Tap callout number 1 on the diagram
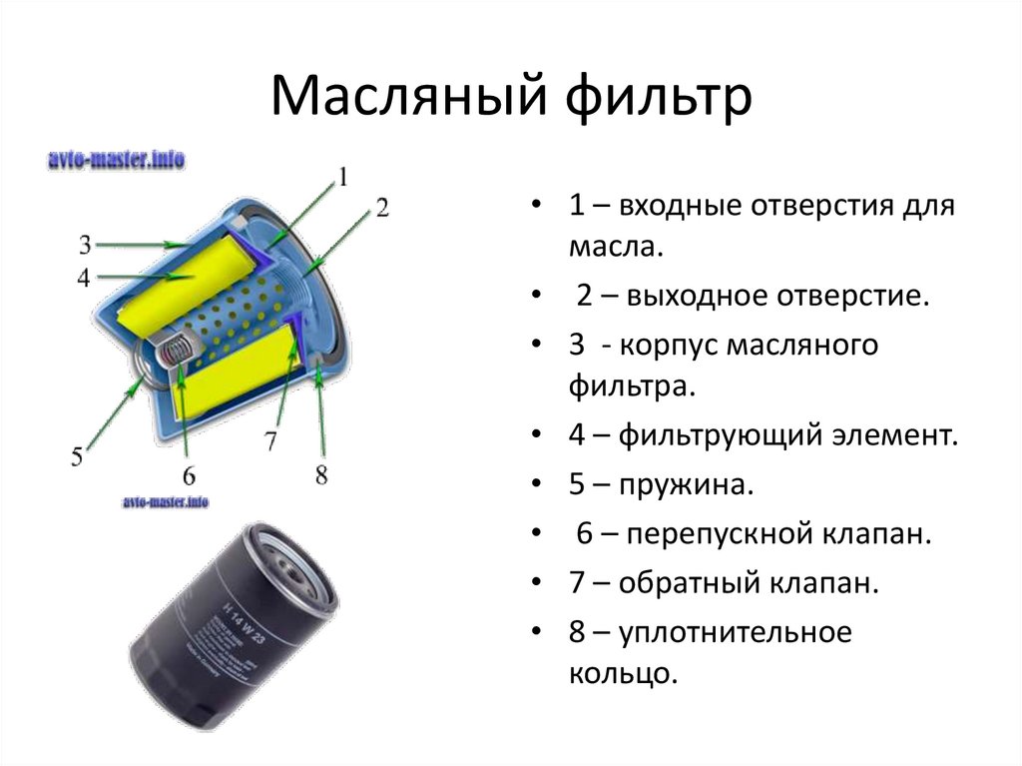tap(342, 178)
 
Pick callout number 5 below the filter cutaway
tap(77, 456)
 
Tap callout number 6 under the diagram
tap(189, 475)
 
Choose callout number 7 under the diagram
tap(269, 439)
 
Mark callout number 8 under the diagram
tap(320, 474)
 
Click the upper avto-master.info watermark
tap(117, 160)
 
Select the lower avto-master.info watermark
tap(166, 502)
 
